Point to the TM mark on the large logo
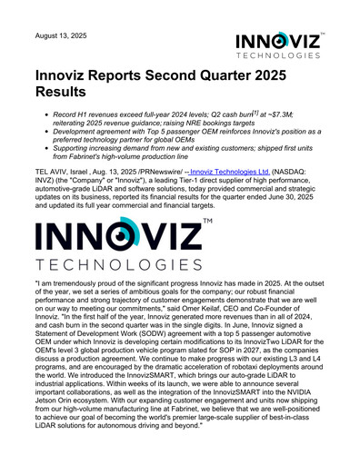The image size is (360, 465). tap(208, 223)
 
